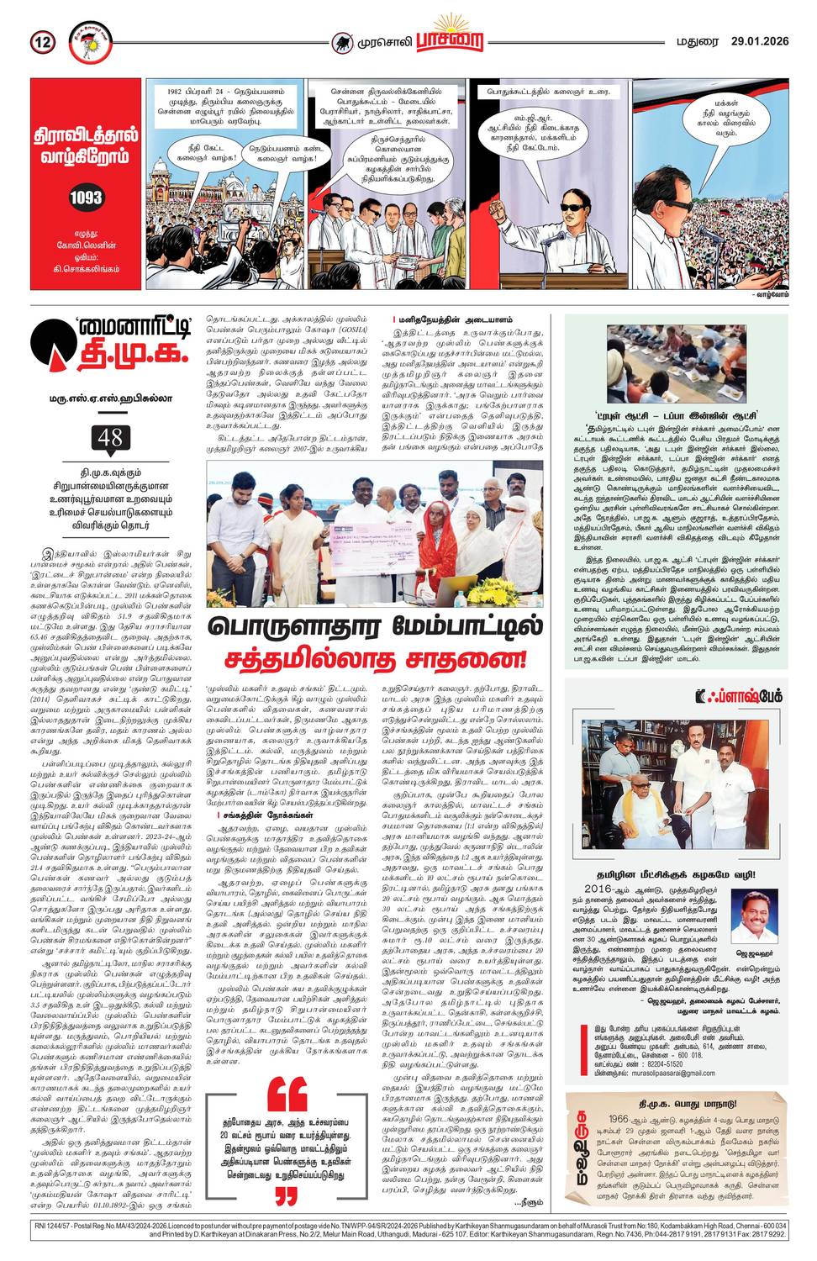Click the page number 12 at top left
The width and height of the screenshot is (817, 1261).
pyautogui.click(x=43, y=41)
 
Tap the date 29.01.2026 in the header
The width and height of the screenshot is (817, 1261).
pyautogui.click(x=758, y=40)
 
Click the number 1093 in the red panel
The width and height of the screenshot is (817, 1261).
pyautogui.click(x=86, y=198)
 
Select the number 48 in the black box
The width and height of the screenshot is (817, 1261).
pyautogui.click(x=110, y=437)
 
